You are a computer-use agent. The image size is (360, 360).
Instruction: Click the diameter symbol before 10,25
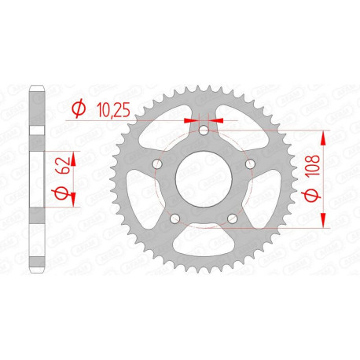(x=79, y=108)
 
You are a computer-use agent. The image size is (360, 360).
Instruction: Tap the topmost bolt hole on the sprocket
(x=204, y=132)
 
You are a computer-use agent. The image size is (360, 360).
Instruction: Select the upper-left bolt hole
(x=157, y=164)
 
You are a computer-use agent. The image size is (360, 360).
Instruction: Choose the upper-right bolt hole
(x=250, y=164)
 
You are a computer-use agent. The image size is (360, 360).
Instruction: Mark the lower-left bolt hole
(x=175, y=218)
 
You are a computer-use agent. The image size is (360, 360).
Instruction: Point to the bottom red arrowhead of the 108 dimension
(x=322, y=225)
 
